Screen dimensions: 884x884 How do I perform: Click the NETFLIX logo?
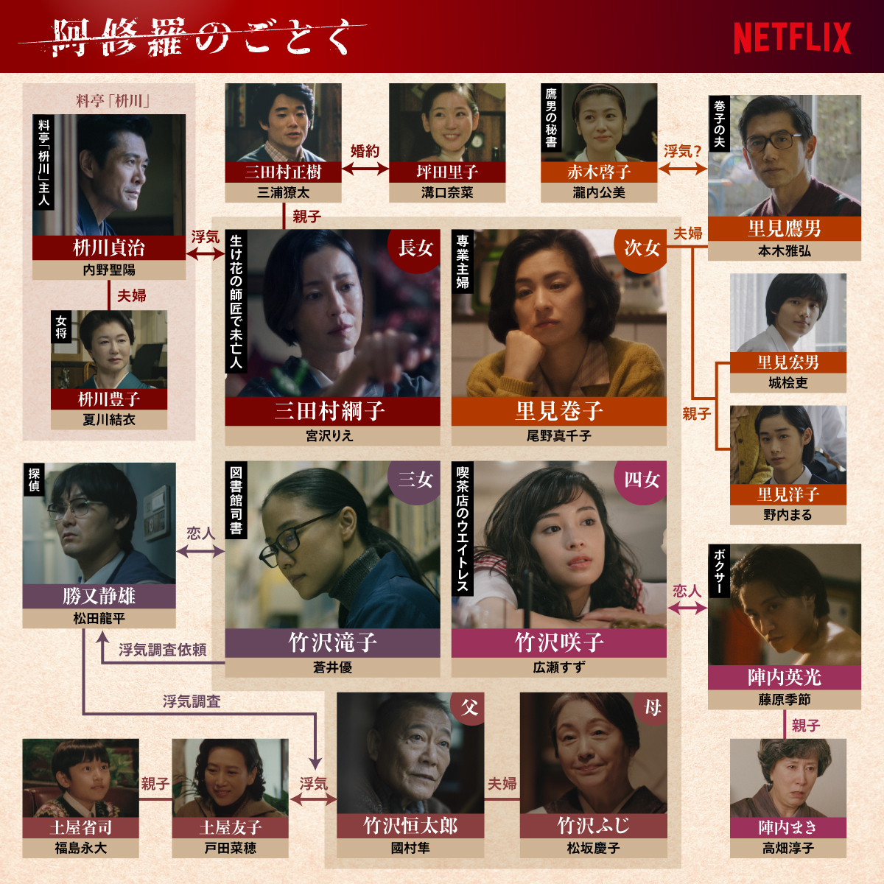(792, 38)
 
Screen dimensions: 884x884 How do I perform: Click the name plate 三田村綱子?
(331, 410)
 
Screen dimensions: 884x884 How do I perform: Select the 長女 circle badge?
(415, 248)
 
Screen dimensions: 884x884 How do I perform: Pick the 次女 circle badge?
(641, 248)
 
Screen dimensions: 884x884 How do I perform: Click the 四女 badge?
(641, 480)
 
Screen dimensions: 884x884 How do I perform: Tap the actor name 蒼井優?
(332, 667)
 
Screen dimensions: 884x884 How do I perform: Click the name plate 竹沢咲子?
(558, 642)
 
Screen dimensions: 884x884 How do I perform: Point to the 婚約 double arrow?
(365, 169)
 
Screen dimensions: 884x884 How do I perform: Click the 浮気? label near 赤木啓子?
(682, 151)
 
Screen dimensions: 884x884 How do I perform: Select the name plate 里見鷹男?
(784, 228)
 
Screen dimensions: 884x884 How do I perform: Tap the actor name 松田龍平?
(99, 618)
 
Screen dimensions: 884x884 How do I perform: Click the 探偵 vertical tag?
(34, 480)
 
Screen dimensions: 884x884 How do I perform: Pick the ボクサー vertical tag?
(720, 571)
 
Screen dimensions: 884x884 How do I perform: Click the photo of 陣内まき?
(787, 778)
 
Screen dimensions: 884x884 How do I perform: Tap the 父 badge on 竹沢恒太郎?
(469, 708)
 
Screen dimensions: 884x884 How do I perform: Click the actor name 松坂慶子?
(593, 848)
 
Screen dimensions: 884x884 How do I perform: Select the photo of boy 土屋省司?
(80, 778)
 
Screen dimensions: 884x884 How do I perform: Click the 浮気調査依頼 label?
(162, 650)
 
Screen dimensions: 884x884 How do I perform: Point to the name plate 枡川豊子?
(109, 399)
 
